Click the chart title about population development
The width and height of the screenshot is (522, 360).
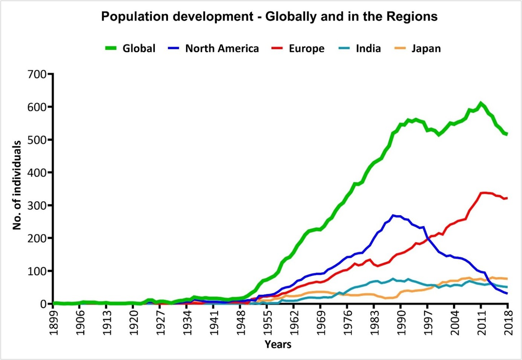pos(269,17)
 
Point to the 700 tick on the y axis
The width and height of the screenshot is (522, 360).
pos(37,74)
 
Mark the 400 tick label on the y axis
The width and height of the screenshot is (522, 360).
pos(37,173)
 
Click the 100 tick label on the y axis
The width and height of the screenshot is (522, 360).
pos(37,271)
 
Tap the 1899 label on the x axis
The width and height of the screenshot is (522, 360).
pos(54,322)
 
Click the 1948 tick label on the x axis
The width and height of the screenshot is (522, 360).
pos(240,322)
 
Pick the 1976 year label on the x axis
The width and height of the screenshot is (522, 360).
pos(347,322)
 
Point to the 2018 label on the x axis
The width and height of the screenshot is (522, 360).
pos(508,322)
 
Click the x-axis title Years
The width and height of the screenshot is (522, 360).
pos(278,344)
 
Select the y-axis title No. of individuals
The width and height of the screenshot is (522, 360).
pos(17,185)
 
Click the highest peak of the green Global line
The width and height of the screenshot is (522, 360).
pos(481,103)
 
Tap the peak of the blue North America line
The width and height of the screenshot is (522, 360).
pos(393,215)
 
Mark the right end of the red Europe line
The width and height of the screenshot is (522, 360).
pos(507,198)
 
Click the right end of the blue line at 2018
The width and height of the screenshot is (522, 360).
pos(507,293)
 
